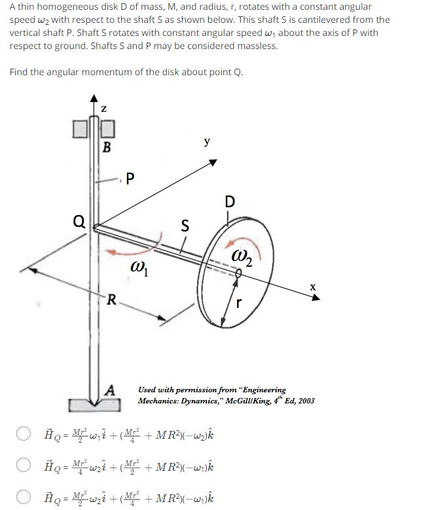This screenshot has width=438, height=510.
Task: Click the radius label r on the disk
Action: coord(240,303)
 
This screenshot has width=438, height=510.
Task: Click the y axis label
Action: coord(207,140)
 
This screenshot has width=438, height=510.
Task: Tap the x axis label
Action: coord(313,286)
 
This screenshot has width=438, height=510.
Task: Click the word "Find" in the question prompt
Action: coord(20,71)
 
